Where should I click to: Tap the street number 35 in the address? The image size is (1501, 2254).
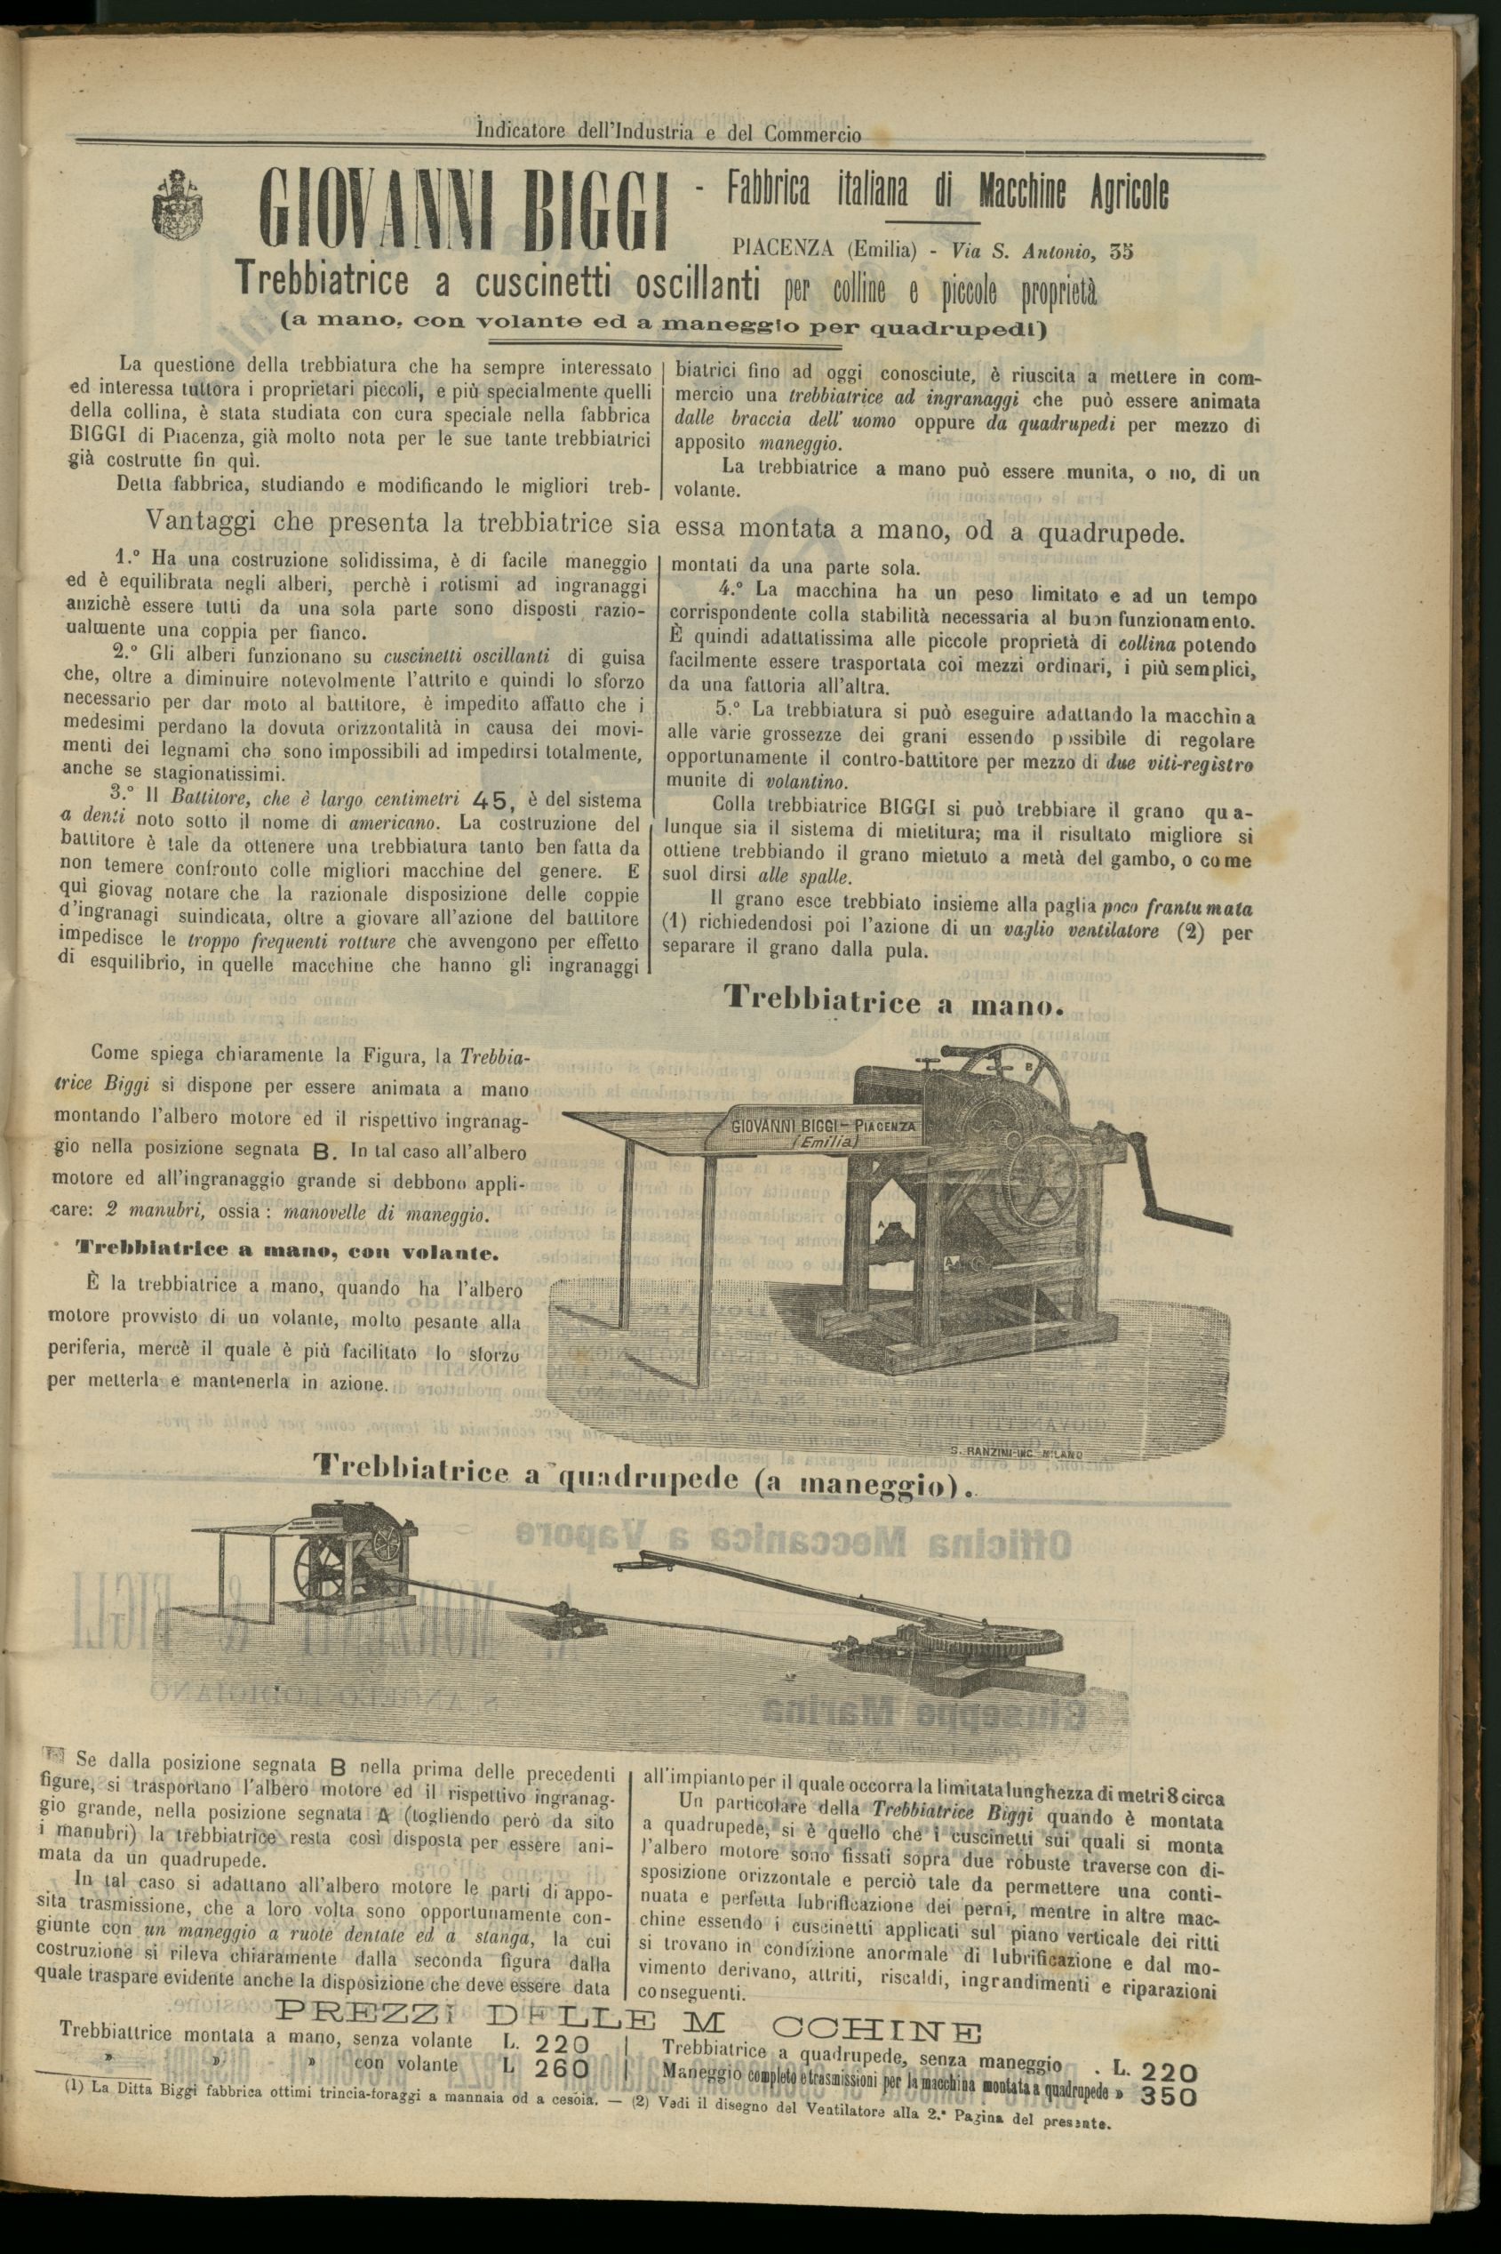(1120, 252)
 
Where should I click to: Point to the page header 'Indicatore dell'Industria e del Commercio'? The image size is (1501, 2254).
(668, 134)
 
